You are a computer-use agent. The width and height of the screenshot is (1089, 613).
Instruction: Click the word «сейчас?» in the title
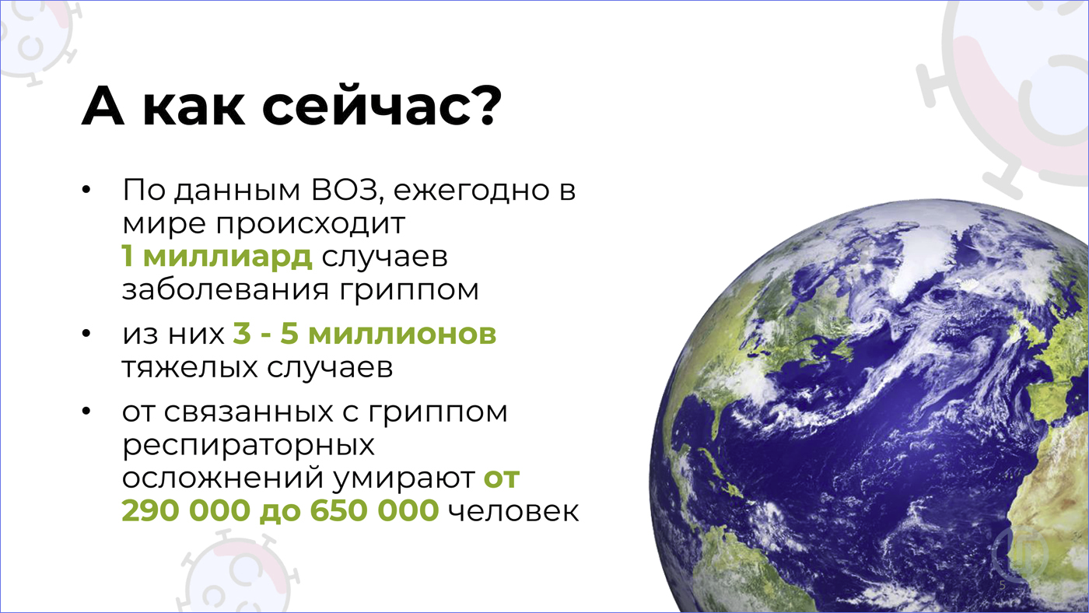tap(382, 107)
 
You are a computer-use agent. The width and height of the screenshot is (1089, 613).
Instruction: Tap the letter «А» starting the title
tap(103, 107)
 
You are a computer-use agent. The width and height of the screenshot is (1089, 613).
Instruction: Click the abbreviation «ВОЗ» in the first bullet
tap(344, 190)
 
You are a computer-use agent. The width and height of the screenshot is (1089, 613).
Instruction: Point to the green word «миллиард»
tap(227, 256)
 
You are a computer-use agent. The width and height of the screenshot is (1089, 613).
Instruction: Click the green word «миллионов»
tap(402, 334)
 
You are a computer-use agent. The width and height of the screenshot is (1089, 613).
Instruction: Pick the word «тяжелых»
tap(190, 367)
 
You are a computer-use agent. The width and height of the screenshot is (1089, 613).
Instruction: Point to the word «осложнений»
tap(222, 478)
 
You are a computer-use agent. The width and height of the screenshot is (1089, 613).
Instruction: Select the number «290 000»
tap(186, 510)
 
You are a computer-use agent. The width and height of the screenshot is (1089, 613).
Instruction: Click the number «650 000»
tap(374, 510)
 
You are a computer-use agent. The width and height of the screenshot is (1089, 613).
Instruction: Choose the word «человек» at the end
tap(513, 511)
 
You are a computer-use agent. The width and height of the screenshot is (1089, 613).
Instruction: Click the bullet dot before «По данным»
tap(86, 190)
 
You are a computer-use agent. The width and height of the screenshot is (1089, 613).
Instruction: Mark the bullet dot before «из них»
tap(86, 334)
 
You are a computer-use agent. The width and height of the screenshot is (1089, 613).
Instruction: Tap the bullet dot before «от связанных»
tap(86, 412)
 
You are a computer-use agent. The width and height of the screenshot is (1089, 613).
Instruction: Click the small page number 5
tap(1003, 585)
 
